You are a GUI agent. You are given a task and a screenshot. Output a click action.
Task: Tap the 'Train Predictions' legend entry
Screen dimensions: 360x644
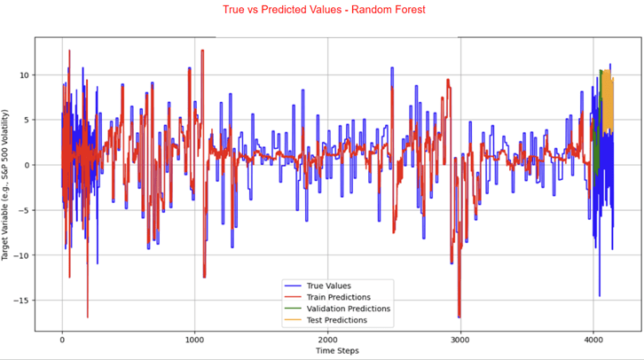click(x=338, y=297)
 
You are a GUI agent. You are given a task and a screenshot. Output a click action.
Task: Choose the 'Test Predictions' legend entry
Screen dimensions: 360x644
click(x=336, y=320)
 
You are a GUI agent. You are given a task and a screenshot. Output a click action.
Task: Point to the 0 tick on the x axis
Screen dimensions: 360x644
click(x=62, y=338)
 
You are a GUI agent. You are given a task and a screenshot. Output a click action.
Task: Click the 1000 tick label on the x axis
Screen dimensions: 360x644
click(x=194, y=338)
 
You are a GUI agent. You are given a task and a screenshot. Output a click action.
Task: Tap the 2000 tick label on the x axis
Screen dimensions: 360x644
click(x=327, y=338)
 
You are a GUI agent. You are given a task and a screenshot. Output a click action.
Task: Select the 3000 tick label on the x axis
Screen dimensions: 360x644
click(x=460, y=338)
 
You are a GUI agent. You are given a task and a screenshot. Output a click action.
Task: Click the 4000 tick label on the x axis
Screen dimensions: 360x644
click(x=593, y=338)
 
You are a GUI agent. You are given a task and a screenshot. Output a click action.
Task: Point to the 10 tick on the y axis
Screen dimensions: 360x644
click(x=26, y=74)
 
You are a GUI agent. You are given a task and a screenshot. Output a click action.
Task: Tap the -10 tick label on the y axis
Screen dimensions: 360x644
click(x=23, y=255)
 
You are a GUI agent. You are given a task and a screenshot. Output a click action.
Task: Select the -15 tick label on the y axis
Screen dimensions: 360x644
click(x=23, y=301)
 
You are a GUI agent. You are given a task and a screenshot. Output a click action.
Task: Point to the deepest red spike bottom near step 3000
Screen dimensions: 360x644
click(x=459, y=316)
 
